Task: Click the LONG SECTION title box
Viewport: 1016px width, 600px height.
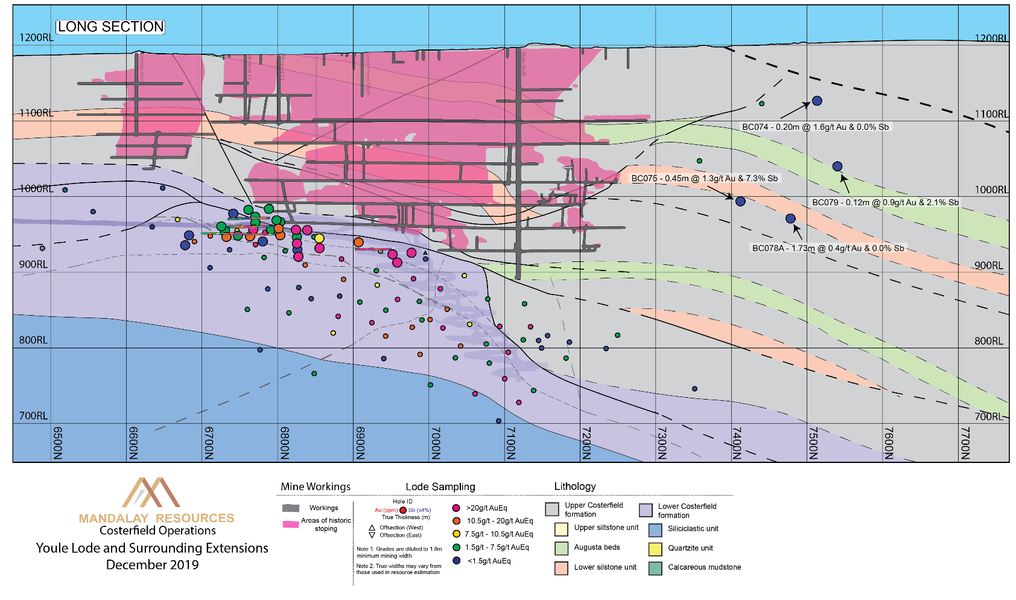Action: pos(110,27)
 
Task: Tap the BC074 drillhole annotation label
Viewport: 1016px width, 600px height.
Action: pos(815,127)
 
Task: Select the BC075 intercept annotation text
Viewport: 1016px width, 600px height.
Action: pos(705,179)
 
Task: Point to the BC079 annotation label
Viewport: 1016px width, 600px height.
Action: pos(885,203)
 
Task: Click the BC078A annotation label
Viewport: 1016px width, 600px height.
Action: pos(828,248)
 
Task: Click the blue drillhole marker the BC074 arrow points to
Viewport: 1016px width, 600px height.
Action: pos(817,101)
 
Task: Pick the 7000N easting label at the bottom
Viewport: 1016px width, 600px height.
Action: pos(436,443)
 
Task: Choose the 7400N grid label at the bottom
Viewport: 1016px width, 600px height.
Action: pos(737,443)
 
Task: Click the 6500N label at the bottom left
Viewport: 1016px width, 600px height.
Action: pos(58,443)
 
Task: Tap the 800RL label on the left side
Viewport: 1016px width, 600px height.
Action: pos(33,340)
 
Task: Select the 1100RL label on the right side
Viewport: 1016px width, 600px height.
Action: pos(991,114)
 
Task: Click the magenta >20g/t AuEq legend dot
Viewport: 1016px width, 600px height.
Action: pos(456,508)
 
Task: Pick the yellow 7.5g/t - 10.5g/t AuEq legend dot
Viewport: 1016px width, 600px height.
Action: pos(456,534)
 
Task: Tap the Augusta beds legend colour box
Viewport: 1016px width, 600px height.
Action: pos(561,548)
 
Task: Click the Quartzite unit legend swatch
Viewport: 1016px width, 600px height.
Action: pos(655,549)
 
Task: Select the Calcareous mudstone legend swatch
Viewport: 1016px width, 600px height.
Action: pos(655,568)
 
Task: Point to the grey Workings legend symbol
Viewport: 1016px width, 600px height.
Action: pos(291,508)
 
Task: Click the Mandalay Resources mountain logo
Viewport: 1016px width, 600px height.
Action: pos(151,493)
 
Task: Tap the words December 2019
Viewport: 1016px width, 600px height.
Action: pos(152,565)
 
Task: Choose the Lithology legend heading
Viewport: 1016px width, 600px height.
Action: pos(575,487)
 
